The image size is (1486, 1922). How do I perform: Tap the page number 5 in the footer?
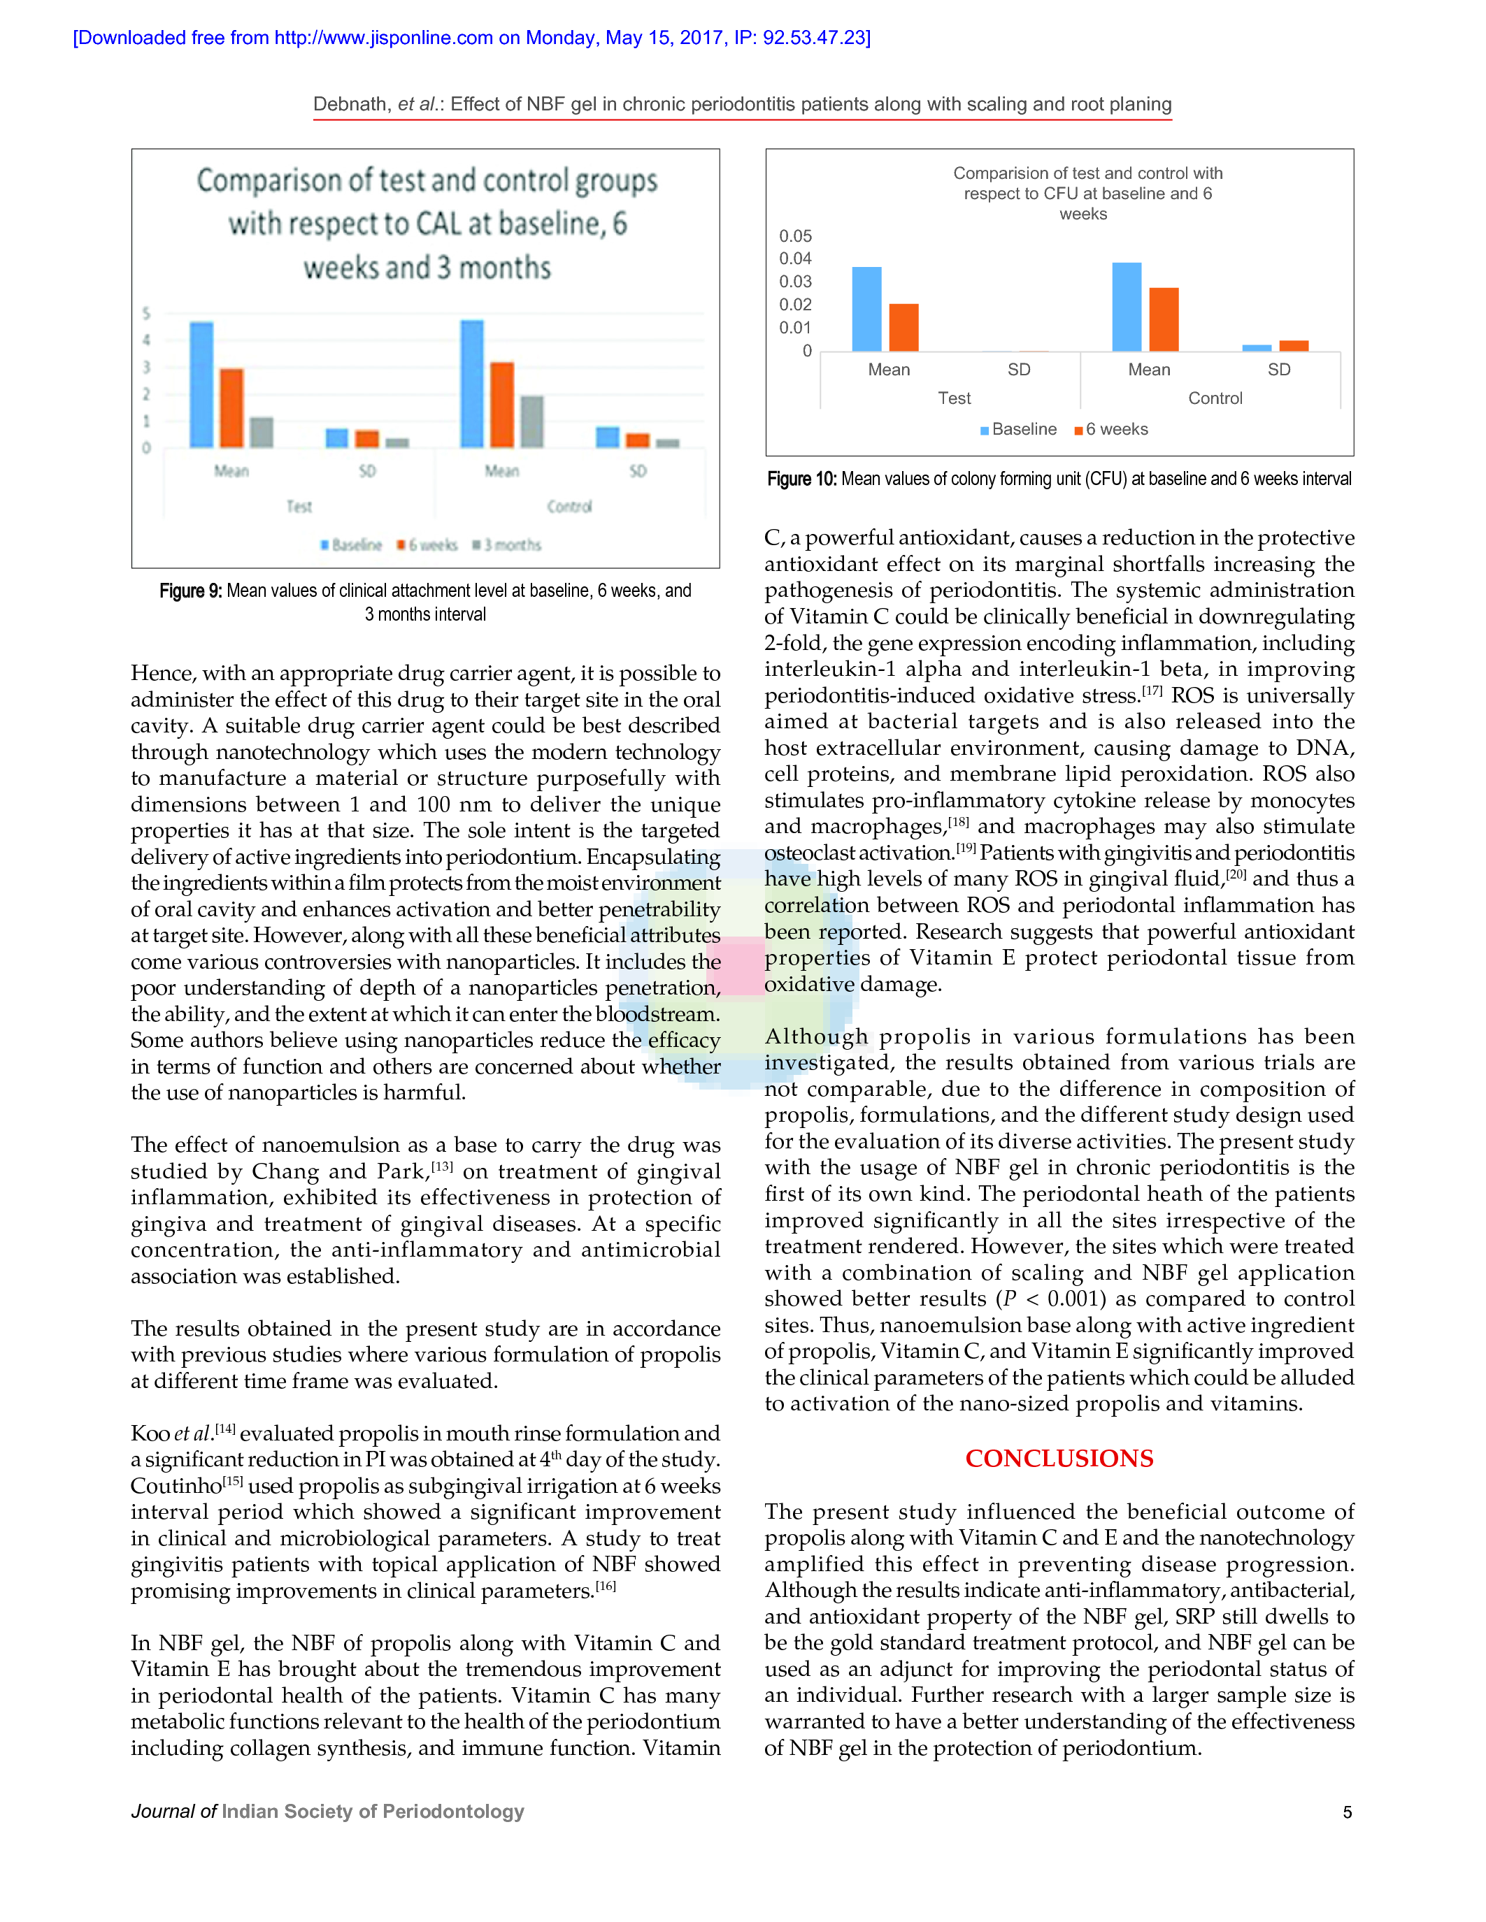click(x=1347, y=1812)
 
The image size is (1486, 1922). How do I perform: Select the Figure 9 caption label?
click(x=190, y=591)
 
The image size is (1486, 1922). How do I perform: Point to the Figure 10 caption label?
click(x=801, y=479)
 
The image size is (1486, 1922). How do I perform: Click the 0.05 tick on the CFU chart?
click(x=795, y=236)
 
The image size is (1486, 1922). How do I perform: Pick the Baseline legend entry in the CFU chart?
click(x=1019, y=429)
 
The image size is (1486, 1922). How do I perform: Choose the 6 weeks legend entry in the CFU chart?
click(x=1111, y=429)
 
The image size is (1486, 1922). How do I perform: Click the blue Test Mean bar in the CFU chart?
click(x=866, y=309)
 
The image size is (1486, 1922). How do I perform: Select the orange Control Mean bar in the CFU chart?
click(x=1164, y=319)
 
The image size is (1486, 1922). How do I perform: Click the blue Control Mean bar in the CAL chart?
click(x=472, y=384)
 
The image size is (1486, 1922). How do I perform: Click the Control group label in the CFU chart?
click(x=1215, y=398)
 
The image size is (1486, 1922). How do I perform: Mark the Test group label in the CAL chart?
click(x=299, y=506)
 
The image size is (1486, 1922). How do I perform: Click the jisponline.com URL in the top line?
click(x=383, y=38)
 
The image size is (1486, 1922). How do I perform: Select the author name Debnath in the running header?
click(x=351, y=104)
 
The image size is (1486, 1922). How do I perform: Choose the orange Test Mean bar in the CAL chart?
click(x=231, y=407)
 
